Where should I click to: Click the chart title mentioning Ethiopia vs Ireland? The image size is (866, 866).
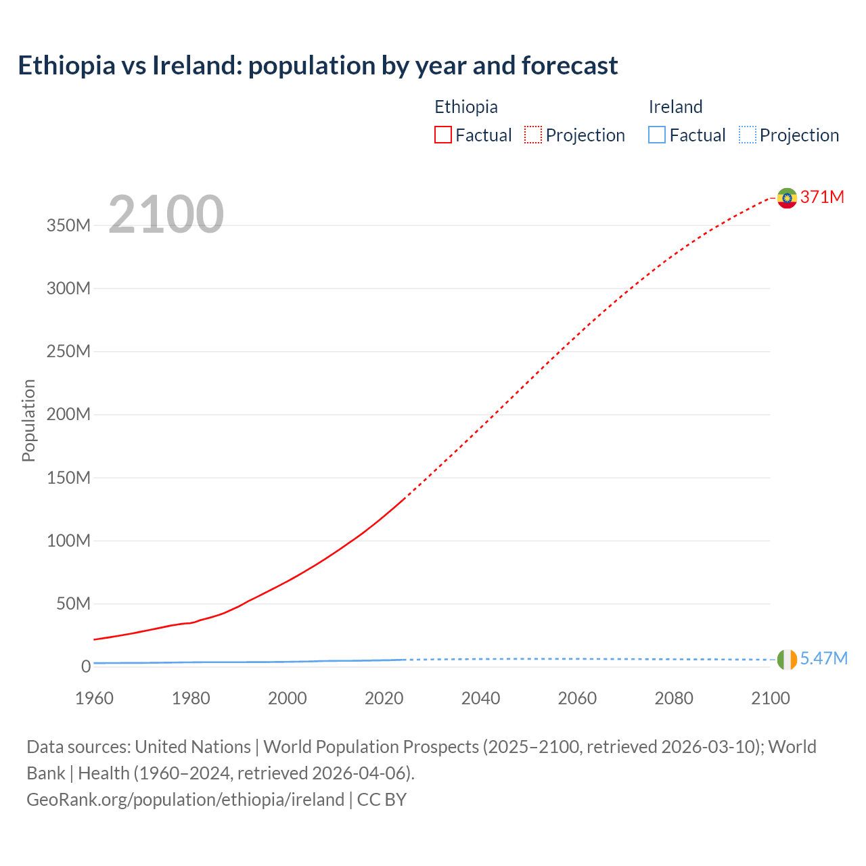tap(317, 66)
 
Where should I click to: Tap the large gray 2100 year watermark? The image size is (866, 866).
tap(166, 214)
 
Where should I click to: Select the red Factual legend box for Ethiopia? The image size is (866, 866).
tap(443, 135)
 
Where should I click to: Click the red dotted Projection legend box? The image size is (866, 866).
tap(533, 135)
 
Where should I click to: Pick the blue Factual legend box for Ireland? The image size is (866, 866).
tap(657, 135)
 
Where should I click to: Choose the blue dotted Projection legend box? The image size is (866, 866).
tap(747, 135)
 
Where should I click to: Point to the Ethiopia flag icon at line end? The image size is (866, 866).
tap(787, 198)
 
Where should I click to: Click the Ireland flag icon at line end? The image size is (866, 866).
tap(787, 659)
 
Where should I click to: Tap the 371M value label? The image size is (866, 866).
tap(822, 197)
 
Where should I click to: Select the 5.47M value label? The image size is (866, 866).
tap(823, 658)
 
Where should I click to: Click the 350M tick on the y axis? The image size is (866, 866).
tap(68, 225)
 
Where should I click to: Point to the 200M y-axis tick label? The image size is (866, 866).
tap(68, 414)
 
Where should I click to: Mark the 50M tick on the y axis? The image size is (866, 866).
tap(73, 603)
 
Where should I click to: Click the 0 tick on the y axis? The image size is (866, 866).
tap(86, 666)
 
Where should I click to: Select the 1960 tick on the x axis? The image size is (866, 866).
tap(94, 698)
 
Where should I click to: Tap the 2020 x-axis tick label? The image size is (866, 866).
tap(384, 698)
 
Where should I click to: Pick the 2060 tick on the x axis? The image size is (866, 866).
tap(577, 698)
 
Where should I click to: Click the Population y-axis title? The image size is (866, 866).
tap(28, 420)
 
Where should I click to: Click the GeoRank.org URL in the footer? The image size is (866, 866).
tap(185, 800)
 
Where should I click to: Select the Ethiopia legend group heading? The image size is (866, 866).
tap(465, 107)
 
